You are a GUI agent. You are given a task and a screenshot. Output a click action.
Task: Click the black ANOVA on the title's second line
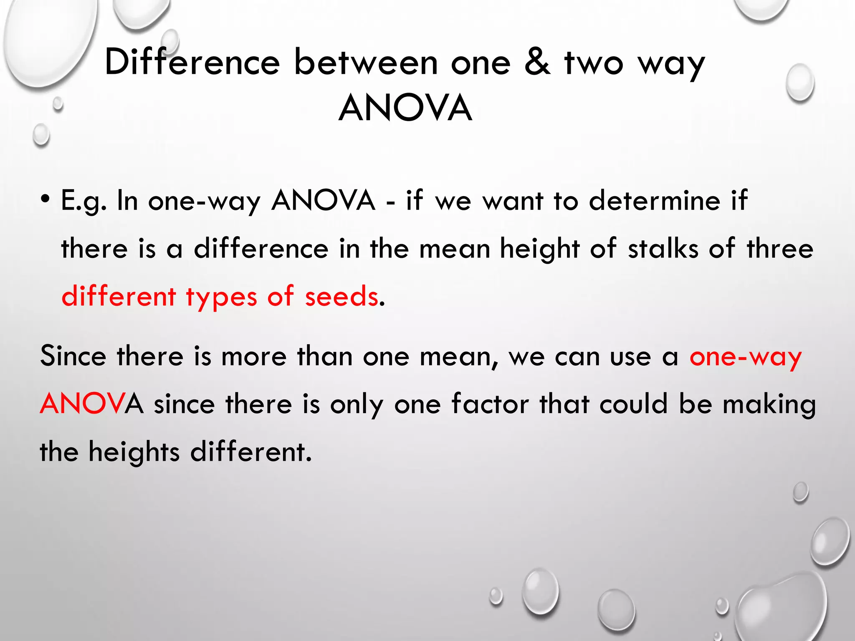(x=405, y=108)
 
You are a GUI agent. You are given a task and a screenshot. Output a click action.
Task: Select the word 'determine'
(x=655, y=200)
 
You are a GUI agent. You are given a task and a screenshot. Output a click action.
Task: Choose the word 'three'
(x=780, y=249)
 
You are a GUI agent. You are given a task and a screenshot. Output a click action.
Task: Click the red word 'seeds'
(x=341, y=296)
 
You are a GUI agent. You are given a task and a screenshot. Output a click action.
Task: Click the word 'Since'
(x=73, y=356)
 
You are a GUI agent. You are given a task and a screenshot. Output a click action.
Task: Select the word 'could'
(x=634, y=404)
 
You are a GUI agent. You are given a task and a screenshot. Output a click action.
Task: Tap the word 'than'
(x=325, y=356)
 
